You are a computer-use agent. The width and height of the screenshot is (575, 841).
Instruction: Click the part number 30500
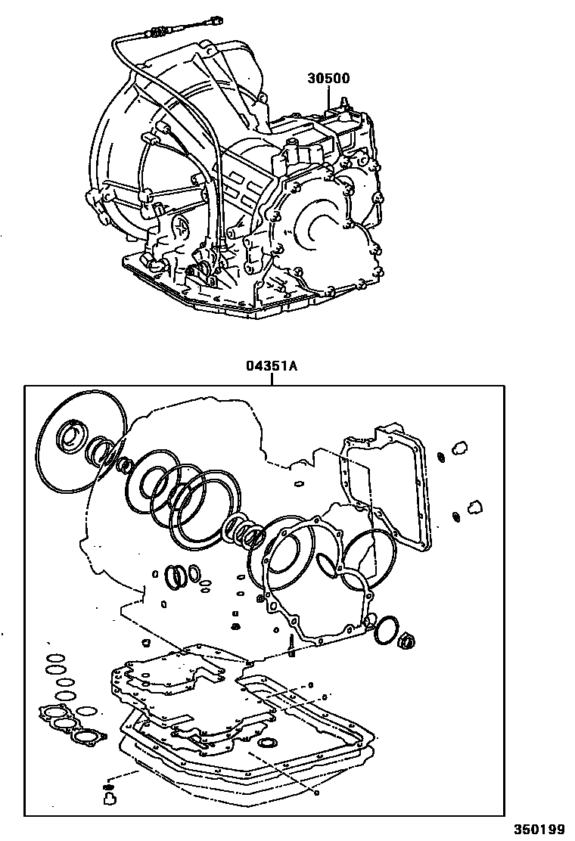(328, 78)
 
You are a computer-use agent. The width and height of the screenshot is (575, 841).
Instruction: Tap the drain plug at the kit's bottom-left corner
(108, 795)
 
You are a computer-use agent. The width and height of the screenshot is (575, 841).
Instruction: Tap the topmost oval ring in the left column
(54, 656)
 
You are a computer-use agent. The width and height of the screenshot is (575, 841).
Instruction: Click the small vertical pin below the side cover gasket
(291, 643)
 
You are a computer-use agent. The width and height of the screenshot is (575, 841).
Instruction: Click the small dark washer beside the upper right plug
(441, 457)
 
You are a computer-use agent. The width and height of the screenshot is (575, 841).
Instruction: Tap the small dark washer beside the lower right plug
(456, 517)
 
